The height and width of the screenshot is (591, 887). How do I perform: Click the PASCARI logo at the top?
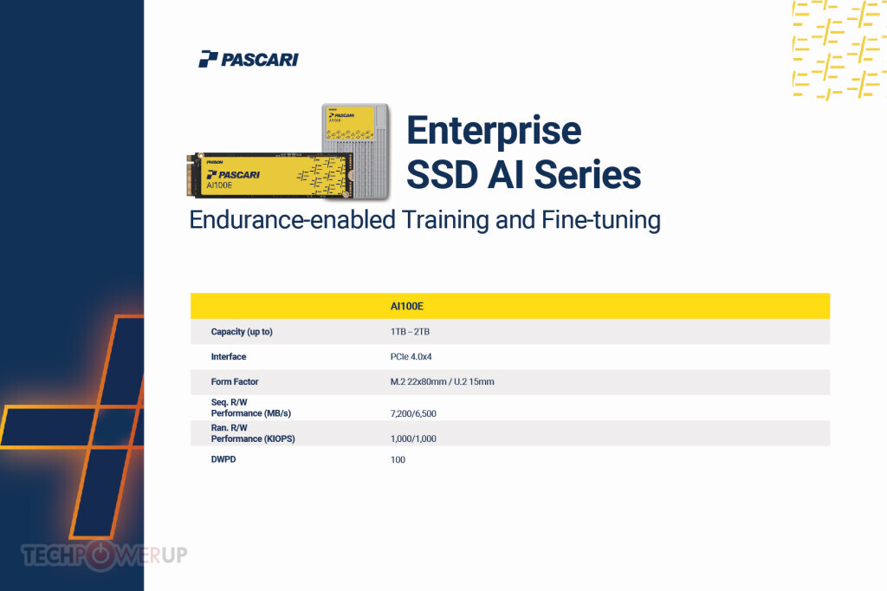click(x=249, y=59)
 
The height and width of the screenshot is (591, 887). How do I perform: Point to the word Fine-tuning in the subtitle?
click(x=601, y=219)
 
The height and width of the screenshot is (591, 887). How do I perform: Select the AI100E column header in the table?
click(x=407, y=306)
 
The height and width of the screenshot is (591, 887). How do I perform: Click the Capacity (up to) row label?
click(x=242, y=332)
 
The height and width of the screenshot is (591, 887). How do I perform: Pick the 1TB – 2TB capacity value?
click(x=410, y=332)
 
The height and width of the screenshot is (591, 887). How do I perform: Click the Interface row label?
click(x=229, y=357)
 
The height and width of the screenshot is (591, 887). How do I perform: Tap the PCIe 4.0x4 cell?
click(x=411, y=357)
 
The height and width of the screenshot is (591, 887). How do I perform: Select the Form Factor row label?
click(x=235, y=381)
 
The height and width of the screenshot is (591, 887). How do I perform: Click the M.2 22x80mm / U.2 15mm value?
click(x=443, y=381)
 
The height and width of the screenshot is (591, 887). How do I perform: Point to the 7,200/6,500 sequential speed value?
click(x=413, y=414)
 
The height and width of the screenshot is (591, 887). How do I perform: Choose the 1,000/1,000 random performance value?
click(x=413, y=438)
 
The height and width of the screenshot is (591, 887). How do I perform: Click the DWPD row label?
click(x=223, y=459)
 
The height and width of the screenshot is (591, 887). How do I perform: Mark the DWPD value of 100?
click(x=398, y=459)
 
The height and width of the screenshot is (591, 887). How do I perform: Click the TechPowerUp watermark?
click(x=104, y=555)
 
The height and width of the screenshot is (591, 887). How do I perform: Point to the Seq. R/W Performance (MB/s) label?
click(x=251, y=407)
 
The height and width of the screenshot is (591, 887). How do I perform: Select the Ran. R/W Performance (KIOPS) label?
click(x=253, y=433)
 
